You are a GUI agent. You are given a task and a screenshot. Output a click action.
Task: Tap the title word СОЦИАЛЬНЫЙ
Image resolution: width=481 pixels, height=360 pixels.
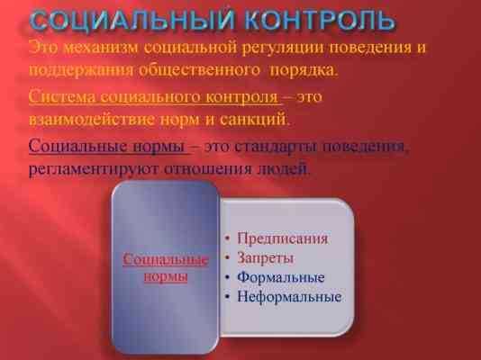(132, 21)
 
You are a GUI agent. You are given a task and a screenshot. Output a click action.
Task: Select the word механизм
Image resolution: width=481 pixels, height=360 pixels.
(102, 48)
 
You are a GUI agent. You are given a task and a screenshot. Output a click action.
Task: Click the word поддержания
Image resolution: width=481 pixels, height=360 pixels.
(81, 71)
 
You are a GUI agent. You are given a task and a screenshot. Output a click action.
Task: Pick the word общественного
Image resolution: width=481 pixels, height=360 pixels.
(199, 70)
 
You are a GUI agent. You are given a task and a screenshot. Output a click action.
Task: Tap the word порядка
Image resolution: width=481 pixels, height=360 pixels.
(304, 71)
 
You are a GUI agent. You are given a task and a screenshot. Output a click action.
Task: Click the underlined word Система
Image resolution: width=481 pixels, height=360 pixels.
(62, 97)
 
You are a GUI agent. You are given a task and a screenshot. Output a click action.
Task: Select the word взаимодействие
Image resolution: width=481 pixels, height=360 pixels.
(91, 120)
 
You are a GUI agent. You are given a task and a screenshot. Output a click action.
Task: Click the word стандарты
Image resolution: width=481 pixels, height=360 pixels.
(277, 147)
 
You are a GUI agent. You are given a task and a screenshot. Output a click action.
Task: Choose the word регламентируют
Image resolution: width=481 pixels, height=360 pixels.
(94, 169)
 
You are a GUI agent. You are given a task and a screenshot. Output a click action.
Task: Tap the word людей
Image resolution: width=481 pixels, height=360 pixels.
(283, 169)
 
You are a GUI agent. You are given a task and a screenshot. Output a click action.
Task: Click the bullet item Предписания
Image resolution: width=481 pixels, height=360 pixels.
(283, 238)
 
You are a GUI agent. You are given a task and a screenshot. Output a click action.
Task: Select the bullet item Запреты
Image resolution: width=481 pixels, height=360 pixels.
(266, 258)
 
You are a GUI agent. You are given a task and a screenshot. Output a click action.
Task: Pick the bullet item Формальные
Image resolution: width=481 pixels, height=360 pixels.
(281, 277)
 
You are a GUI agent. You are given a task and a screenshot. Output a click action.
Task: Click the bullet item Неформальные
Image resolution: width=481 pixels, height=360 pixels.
(289, 297)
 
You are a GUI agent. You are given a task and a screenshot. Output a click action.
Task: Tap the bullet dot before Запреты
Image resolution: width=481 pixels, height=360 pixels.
(227, 258)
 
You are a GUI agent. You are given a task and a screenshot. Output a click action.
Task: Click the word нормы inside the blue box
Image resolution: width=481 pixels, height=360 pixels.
(166, 277)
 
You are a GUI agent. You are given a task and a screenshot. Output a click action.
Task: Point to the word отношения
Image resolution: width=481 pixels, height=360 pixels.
(208, 169)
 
